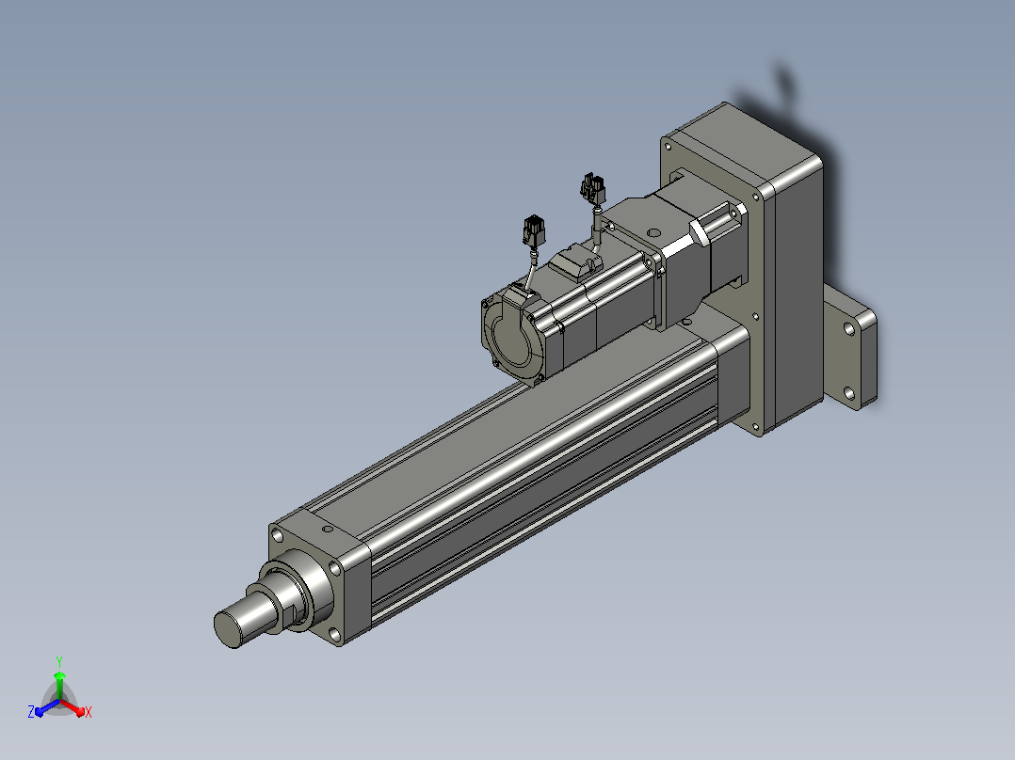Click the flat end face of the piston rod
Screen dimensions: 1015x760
[227, 628]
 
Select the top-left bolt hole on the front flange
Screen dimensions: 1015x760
[278, 535]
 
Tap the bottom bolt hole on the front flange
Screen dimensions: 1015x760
[334, 635]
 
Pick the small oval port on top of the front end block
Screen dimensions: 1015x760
[328, 530]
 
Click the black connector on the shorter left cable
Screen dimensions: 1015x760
[534, 230]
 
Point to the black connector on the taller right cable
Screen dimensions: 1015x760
[592, 189]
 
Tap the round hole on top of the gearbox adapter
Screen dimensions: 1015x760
[653, 232]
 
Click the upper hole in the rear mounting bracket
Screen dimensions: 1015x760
[849, 329]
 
